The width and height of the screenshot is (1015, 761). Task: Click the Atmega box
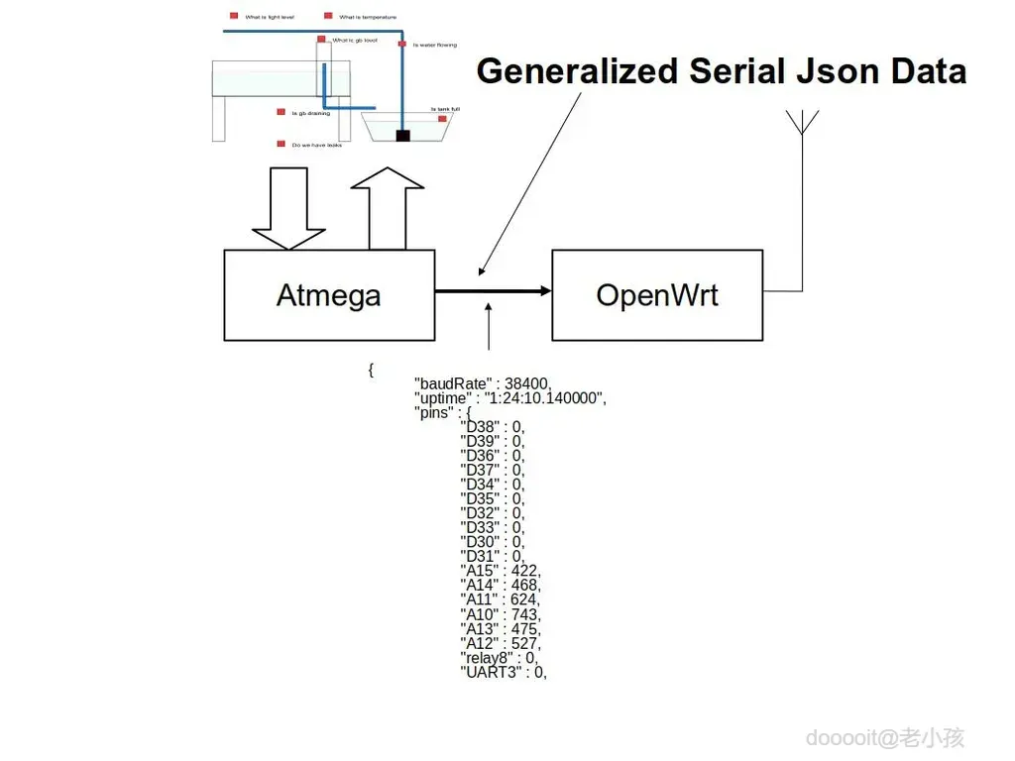click(x=329, y=295)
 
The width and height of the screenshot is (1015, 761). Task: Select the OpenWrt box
click(x=657, y=295)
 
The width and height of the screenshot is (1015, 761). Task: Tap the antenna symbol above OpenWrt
click(x=802, y=124)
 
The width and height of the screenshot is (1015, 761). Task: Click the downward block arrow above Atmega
click(x=288, y=208)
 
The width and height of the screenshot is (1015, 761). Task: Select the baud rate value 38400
click(x=526, y=383)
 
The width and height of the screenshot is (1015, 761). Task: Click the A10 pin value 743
click(x=525, y=614)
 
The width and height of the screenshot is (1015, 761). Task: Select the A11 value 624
click(x=525, y=599)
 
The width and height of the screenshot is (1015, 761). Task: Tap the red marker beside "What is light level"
click(x=234, y=16)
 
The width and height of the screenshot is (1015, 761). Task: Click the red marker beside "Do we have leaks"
click(x=282, y=144)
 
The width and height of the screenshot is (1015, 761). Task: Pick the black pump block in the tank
click(x=402, y=135)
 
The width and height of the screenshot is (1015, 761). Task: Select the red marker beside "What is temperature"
click(x=328, y=16)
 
